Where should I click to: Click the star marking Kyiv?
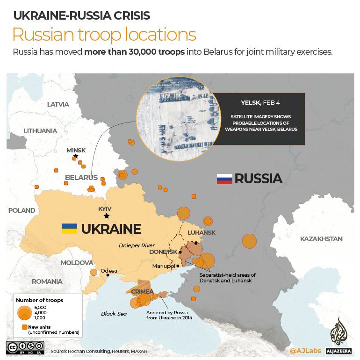[107, 216]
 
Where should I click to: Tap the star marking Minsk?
[76, 156]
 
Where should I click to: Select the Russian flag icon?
[224, 179]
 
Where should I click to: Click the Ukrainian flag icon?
[70, 229]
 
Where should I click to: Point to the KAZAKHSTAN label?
[321, 239]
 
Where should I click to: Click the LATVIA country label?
[58, 104]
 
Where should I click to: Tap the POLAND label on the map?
[22, 210]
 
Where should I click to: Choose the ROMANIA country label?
[47, 281]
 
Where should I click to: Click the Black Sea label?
[114, 314]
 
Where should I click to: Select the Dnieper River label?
[137, 245]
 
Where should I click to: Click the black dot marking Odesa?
[108, 275]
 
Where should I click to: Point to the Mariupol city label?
[164, 266]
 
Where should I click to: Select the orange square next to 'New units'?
[24, 326]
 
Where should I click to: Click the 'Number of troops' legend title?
[39, 300]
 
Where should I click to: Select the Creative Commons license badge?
[25, 348]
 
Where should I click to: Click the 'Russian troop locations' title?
[104, 35]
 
